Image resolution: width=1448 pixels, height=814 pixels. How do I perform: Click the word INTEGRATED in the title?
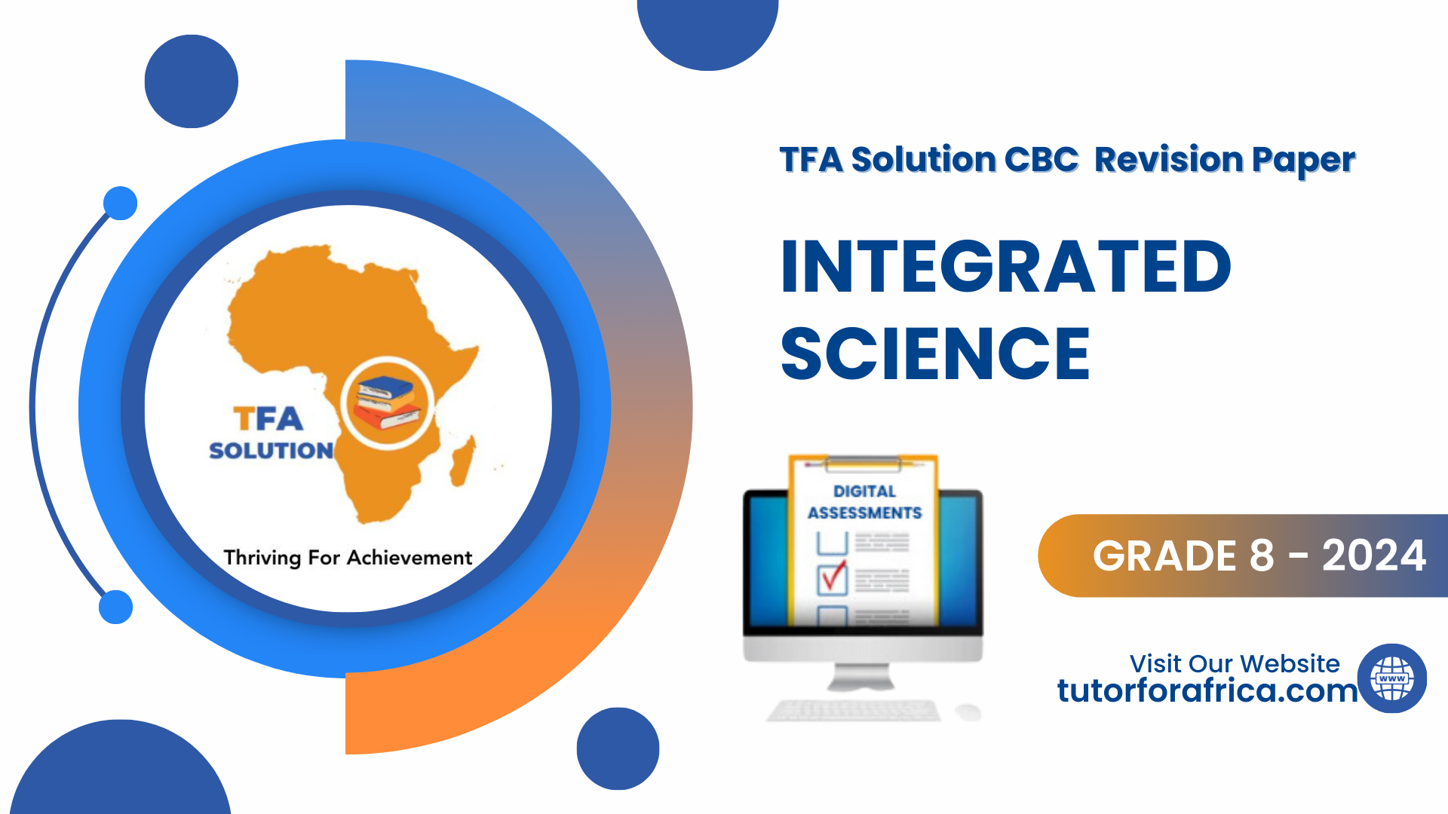(x=1006, y=266)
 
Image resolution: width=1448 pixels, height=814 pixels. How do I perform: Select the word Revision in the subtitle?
(x=1168, y=160)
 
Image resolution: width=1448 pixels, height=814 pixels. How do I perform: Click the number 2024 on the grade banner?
(x=1373, y=556)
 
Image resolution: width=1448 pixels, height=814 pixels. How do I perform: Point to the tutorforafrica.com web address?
(x=1207, y=690)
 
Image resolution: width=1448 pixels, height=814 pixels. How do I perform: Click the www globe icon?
(x=1392, y=678)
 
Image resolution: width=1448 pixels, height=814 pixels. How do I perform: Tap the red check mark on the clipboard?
(x=833, y=577)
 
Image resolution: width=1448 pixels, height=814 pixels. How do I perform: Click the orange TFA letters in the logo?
(x=268, y=418)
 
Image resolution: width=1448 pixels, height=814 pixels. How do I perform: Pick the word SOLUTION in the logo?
(x=271, y=451)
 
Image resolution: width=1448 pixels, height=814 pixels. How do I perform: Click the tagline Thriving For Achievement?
(x=348, y=558)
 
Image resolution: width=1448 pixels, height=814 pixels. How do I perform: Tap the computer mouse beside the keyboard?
(x=968, y=711)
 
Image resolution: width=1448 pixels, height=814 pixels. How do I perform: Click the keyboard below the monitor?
(x=854, y=710)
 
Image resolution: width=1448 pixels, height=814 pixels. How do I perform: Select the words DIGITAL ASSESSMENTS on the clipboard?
(x=864, y=502)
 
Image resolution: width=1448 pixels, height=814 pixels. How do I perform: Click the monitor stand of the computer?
(x=861, y=677)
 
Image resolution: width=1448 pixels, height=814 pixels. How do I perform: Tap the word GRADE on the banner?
(x=1183, y=556)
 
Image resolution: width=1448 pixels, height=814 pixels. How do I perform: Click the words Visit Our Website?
(x=1235, y=663)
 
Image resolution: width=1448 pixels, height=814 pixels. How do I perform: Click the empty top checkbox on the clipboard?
(x=833, y=542)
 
